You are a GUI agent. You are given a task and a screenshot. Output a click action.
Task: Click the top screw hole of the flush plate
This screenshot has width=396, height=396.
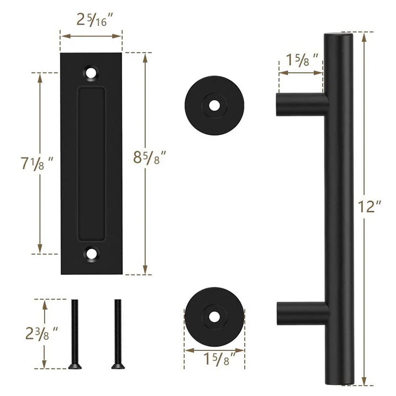[91, 72]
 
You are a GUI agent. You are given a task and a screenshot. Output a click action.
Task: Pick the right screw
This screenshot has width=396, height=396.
[116, 333]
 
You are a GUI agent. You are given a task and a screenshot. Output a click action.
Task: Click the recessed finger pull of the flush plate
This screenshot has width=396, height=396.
[91, 163]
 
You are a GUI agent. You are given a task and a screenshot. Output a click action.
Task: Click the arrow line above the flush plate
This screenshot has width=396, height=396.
[91, 36]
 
